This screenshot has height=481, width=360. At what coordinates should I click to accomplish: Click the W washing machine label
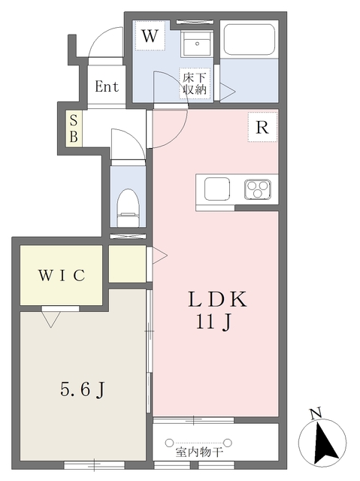pos(150,36)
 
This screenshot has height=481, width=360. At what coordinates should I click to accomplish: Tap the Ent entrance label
pos(107,86)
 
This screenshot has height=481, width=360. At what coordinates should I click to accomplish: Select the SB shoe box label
pos(74,129)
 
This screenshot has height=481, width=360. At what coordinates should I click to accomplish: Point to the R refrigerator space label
pos(262,127)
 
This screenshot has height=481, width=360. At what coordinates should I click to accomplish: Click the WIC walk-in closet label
pos(62,275)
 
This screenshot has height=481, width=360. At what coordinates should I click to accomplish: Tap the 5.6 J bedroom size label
pos(82,389)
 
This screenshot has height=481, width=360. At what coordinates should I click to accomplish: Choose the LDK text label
pos(217,299)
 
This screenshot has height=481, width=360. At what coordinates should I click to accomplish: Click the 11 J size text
pos(213,322)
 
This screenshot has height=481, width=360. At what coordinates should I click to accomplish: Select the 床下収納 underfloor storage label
pos(195,83)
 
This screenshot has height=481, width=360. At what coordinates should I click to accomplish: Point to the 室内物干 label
pos(199,452)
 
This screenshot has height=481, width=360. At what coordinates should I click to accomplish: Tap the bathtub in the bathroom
pos(249,39)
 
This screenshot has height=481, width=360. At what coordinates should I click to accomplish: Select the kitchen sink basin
pos(217,189)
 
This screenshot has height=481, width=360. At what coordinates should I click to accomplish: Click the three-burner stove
pos(258,189)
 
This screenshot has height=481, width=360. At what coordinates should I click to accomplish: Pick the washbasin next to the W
pos(197,44)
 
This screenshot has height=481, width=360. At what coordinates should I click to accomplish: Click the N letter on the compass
pos(316,413)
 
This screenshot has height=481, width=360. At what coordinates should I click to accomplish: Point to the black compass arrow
pos(325,443)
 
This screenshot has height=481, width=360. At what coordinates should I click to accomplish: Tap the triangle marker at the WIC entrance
pos(51,319)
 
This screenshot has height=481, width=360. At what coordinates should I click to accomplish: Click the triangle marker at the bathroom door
pos(227,92)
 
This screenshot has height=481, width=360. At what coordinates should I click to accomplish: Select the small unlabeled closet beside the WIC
pos(127,264)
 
